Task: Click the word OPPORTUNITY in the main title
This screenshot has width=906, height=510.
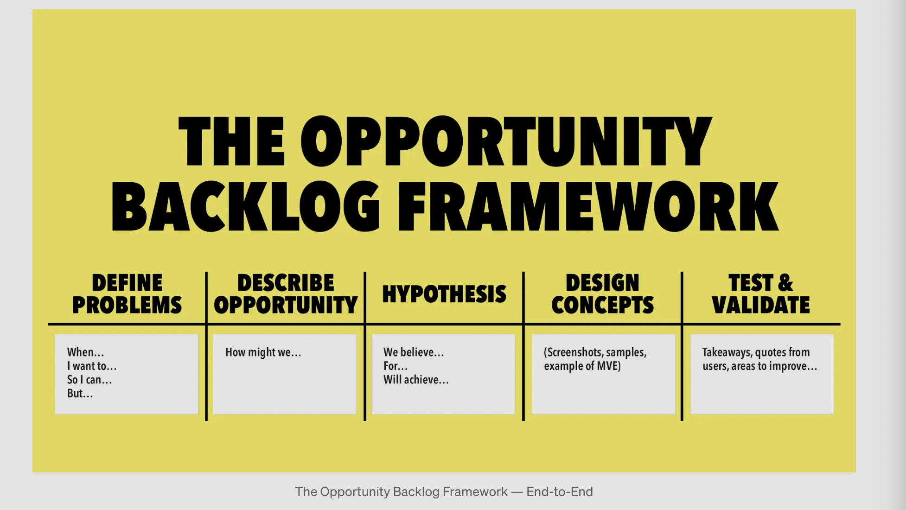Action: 506,141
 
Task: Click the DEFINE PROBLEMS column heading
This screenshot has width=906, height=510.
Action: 127,294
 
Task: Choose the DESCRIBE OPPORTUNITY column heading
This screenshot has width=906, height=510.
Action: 286,294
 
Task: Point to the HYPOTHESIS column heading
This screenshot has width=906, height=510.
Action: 444,294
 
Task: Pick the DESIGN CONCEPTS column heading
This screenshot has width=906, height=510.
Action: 602,294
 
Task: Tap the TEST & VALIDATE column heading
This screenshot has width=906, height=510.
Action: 761,294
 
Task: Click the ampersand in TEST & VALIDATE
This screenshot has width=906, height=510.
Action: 785,283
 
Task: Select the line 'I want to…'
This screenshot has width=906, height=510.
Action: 92,366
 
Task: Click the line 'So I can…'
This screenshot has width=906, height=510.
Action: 89,380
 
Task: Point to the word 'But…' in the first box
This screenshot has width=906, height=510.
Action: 80,394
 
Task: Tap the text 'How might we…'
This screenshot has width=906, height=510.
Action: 263,352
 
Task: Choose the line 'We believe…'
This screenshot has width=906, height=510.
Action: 414,352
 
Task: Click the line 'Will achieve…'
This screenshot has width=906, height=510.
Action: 416,380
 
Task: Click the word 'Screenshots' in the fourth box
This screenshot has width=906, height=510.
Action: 573,352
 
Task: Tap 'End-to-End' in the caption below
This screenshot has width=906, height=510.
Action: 560,491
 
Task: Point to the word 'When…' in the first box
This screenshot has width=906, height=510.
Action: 85,352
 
